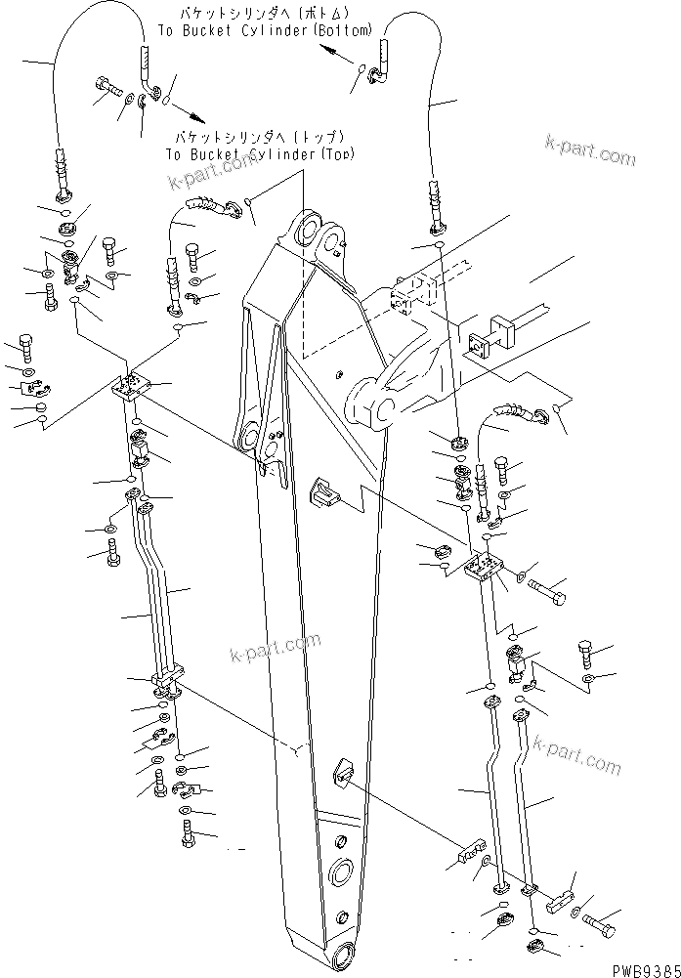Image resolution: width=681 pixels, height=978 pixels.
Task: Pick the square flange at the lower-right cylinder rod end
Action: tap(482, 344)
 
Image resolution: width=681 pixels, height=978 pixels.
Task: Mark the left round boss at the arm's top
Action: tap(302, 234)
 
